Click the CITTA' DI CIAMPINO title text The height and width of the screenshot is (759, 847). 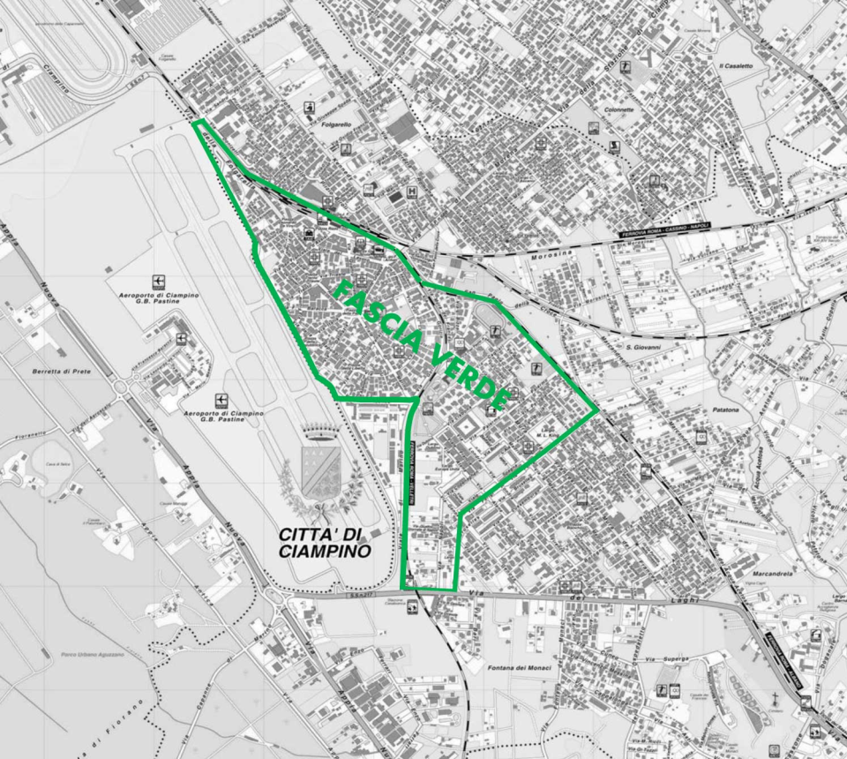(x=325, y=542)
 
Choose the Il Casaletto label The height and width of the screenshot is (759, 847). (x=735, y=66)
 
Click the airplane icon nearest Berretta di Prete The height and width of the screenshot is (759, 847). (x=181, y=338)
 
